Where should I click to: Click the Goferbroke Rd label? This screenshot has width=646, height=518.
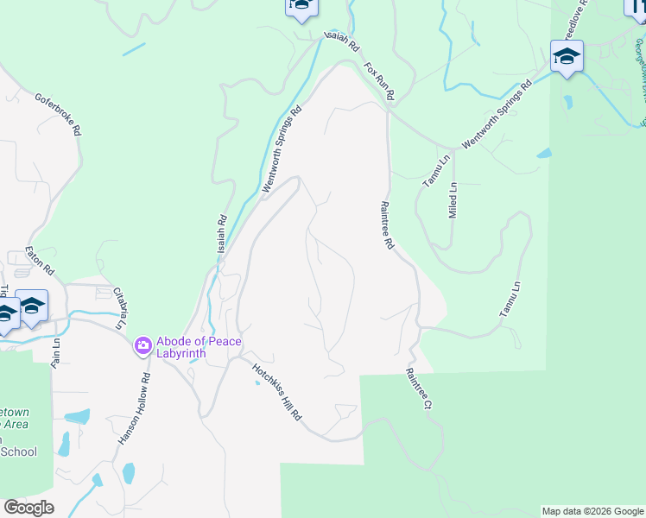(58, 115)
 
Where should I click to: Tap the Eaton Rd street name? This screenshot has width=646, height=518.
(40, 257)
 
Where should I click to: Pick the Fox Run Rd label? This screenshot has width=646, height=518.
(379, 80)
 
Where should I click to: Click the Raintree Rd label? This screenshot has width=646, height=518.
(387, 225)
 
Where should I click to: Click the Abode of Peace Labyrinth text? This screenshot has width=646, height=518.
(199, 348)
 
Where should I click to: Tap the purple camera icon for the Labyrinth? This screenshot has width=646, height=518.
(142, 347)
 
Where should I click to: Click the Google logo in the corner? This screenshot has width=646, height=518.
(28, 508)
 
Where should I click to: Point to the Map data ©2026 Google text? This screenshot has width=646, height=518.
(592, 511)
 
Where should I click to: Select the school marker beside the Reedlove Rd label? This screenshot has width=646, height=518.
(567, 57)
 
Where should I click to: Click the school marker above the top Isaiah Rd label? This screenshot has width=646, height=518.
(301, 6)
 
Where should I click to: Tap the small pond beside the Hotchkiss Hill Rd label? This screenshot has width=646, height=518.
(256, 383)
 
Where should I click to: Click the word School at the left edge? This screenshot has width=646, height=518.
(19, 452)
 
